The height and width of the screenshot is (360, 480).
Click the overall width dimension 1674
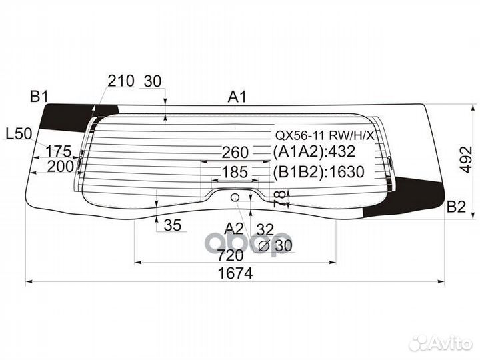coord(235,273)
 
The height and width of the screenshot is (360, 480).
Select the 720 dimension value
coord(230,255)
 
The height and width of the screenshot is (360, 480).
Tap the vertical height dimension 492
coord(466,160)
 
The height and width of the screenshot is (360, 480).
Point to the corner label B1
coord(39,97)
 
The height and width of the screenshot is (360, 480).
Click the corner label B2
coord(456,207)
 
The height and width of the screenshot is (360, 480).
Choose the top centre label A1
coord(237,97)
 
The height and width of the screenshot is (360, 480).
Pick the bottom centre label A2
coord(234,229)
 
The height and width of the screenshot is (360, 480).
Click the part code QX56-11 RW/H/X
coord(325,135)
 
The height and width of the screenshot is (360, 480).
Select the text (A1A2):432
coord(314,151)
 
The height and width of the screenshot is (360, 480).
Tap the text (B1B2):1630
coord(319,172)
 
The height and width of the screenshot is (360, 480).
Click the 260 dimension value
coord(235,153)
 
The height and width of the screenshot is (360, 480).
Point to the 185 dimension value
coord(235,172)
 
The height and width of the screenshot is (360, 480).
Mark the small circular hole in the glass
coord(235,198)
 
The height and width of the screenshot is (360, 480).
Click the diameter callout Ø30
coord(275,245)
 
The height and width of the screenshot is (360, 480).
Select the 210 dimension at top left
coord(121,81)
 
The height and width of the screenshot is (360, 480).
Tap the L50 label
coord(19,134)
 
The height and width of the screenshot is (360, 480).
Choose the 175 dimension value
coord(58,151)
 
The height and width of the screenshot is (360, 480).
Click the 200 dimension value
coord(61,167)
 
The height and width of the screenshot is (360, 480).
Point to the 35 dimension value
coord(173,225)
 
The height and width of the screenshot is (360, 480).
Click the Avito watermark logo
coord(441,343)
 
